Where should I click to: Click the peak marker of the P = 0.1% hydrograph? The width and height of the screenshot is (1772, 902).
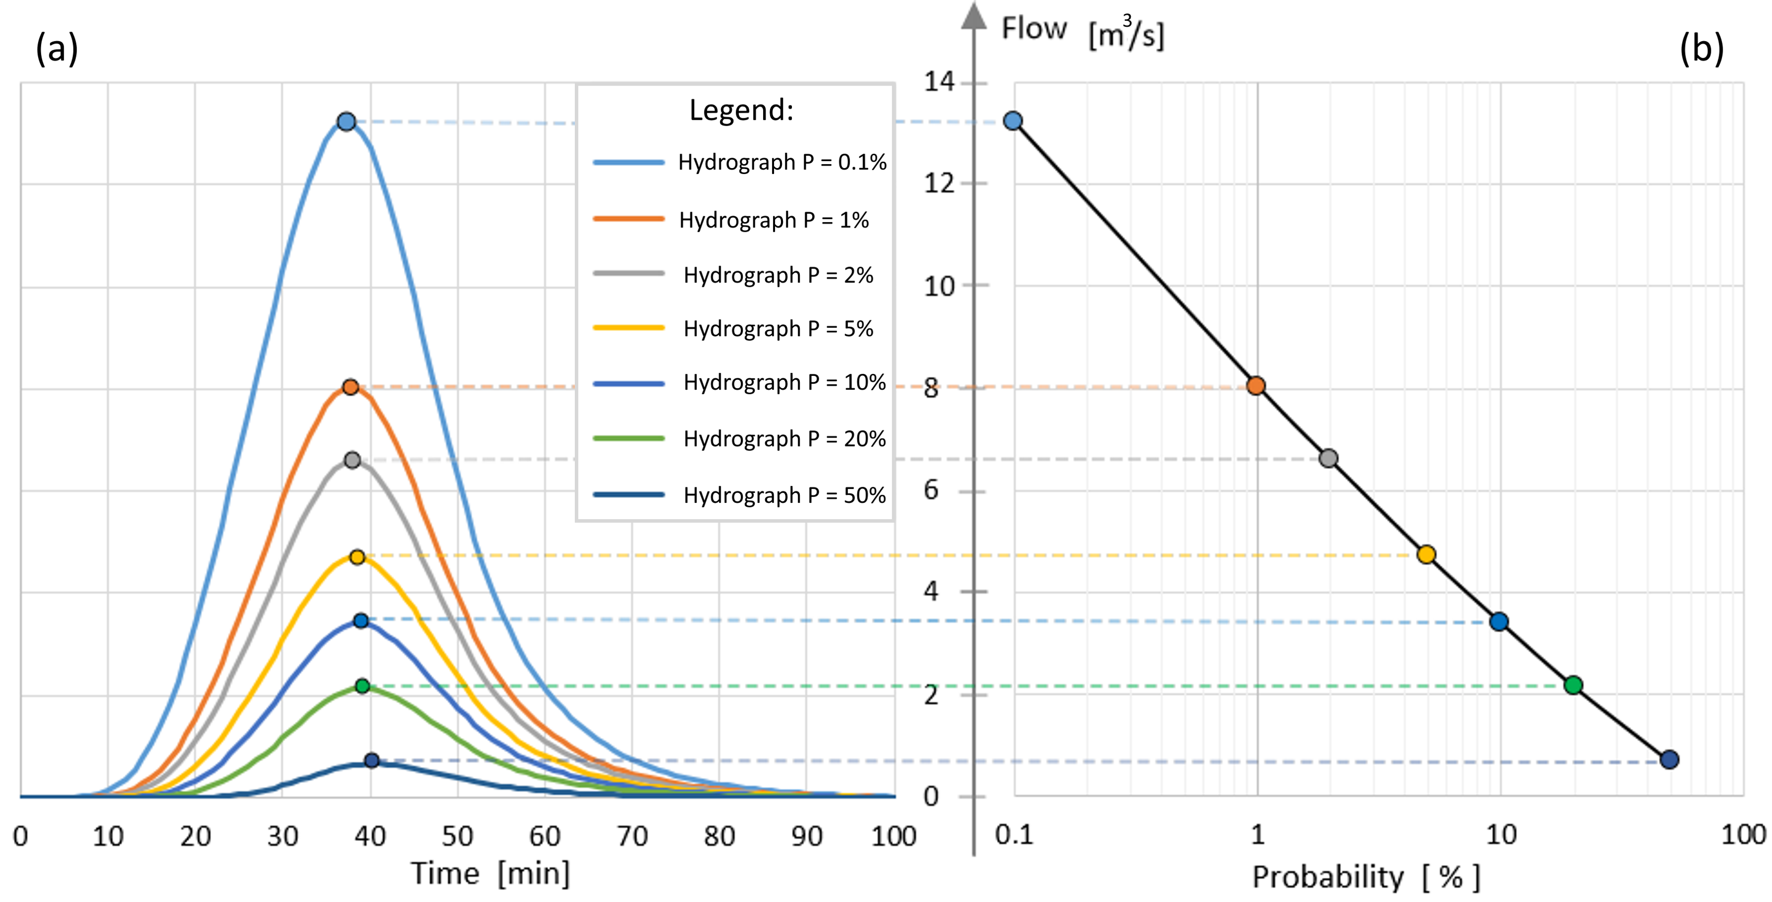pos(346,122)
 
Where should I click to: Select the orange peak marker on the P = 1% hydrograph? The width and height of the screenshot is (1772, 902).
pos(350,387)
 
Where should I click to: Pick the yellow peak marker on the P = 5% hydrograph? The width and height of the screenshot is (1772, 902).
pos(357,557)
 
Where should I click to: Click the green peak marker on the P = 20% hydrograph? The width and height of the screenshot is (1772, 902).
pos(362,686)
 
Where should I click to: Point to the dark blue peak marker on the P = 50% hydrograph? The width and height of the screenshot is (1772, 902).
pos(372,760)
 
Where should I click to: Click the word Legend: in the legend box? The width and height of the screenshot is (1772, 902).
pos(741,110)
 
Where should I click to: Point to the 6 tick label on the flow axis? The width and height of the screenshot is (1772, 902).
pos(931,491)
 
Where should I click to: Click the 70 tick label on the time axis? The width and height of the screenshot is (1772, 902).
pos(632,837)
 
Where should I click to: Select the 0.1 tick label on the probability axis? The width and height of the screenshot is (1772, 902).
pos(1014,835)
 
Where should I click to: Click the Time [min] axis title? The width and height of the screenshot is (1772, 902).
pos(490,874)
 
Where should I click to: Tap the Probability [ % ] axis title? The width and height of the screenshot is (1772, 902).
pos(1366,877)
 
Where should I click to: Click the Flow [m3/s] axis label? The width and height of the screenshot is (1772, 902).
pos(1082,32)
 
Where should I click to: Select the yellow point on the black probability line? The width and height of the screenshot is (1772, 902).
pos(1426,554)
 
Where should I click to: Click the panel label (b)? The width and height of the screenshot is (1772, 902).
pos(1701,49)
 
